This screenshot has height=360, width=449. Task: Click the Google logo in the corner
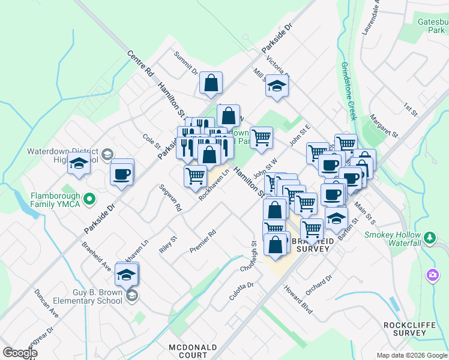click(20, 353)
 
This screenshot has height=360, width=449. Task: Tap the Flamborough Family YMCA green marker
click(89, 197)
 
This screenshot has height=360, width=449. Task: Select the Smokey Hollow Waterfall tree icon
click(430, 238)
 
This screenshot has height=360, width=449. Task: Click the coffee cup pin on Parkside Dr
click(121, 174)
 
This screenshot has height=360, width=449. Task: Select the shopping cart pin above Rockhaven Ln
click(196, 176)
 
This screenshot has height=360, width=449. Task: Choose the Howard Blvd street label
click(298, 298)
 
